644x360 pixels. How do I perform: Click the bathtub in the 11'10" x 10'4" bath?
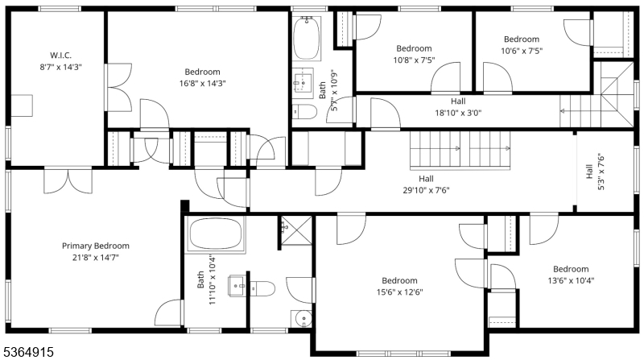[x=215, y=234]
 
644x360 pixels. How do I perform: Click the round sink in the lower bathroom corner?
[x=302, y=318]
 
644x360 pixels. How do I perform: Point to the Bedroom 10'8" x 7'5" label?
[x=412, y=54]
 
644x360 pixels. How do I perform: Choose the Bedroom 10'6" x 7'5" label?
[x=521, y=45]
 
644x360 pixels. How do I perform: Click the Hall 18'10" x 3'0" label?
[x=457, y=107]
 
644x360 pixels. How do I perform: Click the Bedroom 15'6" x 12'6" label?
[x=400, y=286]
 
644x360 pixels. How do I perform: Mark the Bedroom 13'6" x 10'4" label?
[x=570, y=275]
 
